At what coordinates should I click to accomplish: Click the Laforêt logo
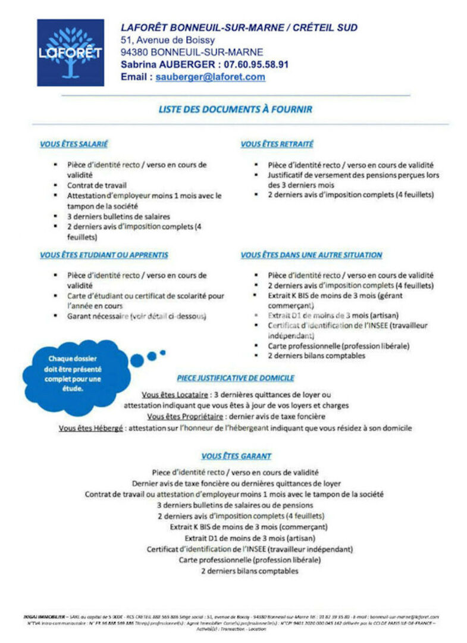click(x=70, y=52)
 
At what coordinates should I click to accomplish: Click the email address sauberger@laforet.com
click(x=211, y=77)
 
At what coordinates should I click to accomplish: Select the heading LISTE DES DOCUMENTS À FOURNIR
click(x=235, y=110)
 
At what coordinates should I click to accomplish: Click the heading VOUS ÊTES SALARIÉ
click(x=74, y=144)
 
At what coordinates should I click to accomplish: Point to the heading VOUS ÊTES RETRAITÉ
click(x=277, y=144)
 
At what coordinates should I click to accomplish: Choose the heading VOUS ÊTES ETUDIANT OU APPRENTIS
click(x=104, y=255)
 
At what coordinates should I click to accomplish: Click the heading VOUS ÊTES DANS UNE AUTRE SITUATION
click(x=311, y=255)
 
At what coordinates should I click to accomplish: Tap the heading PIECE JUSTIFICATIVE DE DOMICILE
click(x=236, y=378)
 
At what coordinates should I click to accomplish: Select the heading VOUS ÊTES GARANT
click(x=236, y=456)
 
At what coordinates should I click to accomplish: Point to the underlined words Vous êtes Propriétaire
click(x=185, y=416)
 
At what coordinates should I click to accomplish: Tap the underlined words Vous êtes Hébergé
click(x=90, y=427)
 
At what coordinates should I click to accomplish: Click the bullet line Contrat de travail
click(x=97, y=186)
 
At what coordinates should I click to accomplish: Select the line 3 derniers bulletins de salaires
click(x=118, y=216)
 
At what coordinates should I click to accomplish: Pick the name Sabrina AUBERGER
click(x=167, y=64)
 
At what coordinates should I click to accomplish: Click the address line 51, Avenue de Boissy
click(x=164, y=40)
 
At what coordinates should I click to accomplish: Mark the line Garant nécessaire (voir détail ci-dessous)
click(x=136, y=316)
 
